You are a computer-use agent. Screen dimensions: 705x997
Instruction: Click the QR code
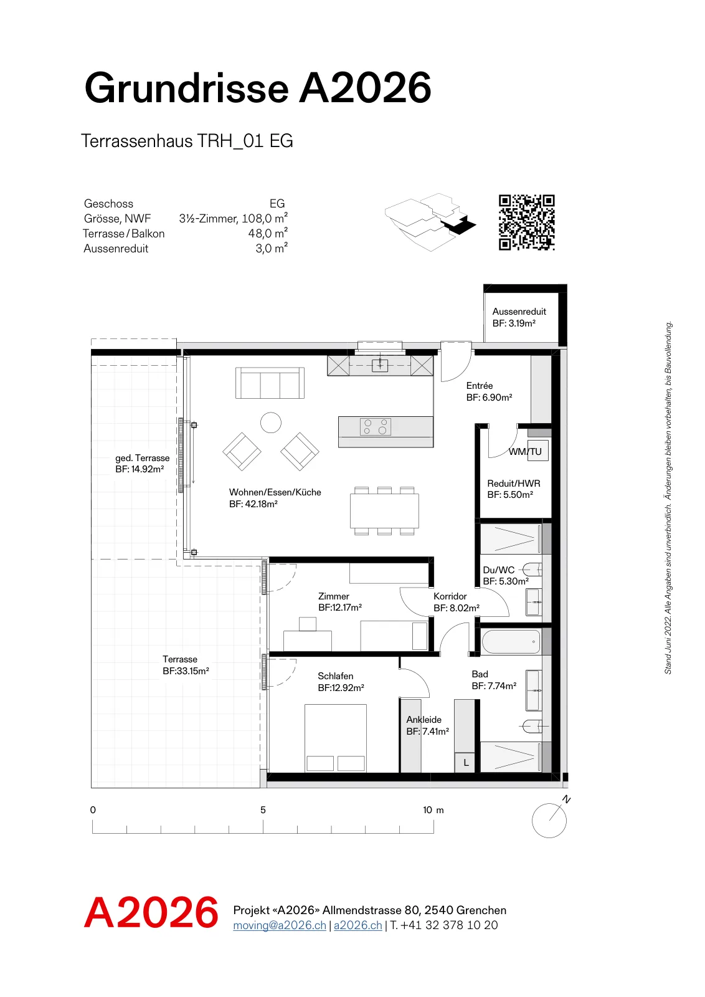[527, 222]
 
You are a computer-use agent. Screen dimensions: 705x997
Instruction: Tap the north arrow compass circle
[549, 820]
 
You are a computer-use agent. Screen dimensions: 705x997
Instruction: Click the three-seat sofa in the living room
[270, 383]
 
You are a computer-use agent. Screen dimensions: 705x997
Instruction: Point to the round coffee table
[271, 422]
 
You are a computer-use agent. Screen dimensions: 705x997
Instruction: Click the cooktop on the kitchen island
[376, 427]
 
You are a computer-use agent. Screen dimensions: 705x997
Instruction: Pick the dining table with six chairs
[384, 511]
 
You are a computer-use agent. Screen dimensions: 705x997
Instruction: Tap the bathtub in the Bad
[511, 642]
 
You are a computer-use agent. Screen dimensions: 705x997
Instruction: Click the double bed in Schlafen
[336, 738]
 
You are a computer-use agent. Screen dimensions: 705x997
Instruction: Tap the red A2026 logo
[151, 913]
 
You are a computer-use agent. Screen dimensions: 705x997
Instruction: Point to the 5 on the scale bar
[263, 809]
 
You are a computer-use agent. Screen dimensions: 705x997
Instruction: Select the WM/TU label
[525, 451]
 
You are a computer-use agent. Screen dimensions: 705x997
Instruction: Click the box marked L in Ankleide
[465, 763]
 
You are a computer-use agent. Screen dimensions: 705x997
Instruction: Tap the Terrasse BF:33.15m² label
[186, 665]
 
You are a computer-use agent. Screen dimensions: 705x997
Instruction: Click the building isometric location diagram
[430, 222]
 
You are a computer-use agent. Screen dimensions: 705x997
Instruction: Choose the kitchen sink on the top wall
[380, 365]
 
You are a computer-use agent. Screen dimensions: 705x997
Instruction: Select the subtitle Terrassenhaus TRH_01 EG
[187, 141]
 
